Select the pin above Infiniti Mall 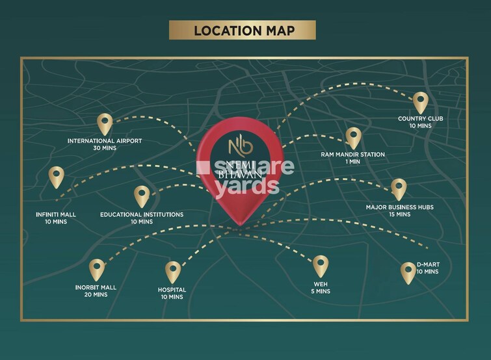click(x=57, y=177)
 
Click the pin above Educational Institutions click(x=142, y=195)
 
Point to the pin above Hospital click(x=172, y=271)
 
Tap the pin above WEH click(x=320, y=265)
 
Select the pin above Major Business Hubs click(x=398, y=188)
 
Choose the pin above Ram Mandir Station click(x=352, y=136)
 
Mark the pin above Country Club click(x=421, y=101)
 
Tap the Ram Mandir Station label click(x=352, y=155)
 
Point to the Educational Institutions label click(x=142, y=214)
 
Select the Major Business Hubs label click(x=399, y=207)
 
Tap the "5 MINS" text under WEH click(x=320, y=291)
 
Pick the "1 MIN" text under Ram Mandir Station click(x=352, y=162)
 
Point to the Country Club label click(x=421, y=118)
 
